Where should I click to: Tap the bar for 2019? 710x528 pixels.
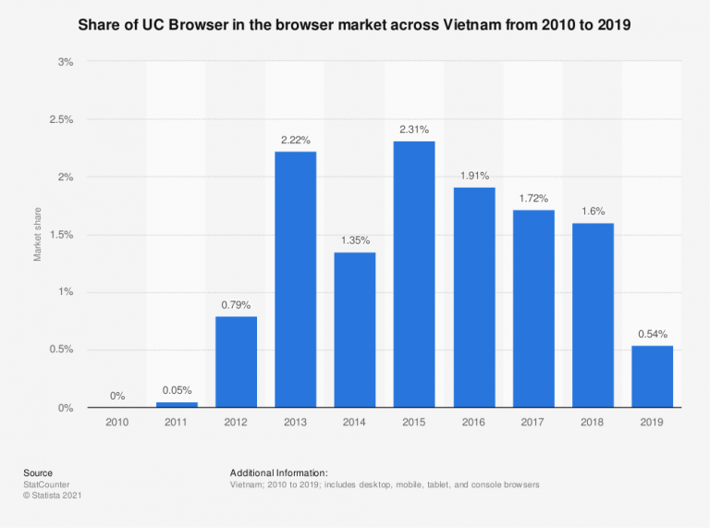653,376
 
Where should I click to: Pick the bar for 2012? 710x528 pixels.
237,362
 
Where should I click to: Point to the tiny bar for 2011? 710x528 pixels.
177,405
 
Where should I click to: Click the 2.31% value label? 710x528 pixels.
414,129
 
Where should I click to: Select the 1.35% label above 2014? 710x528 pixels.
355,240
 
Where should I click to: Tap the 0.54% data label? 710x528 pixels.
653,334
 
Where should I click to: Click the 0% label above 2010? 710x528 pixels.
117,396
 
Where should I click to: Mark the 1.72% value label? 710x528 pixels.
533,198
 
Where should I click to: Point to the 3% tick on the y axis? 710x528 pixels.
66,62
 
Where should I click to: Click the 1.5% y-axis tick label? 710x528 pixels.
61,235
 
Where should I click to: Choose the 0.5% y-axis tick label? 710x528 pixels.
61,350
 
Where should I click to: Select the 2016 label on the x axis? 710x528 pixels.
474,422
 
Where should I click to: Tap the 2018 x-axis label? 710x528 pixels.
593,422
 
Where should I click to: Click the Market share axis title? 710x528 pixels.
38,235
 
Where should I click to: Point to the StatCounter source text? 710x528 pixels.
46,484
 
